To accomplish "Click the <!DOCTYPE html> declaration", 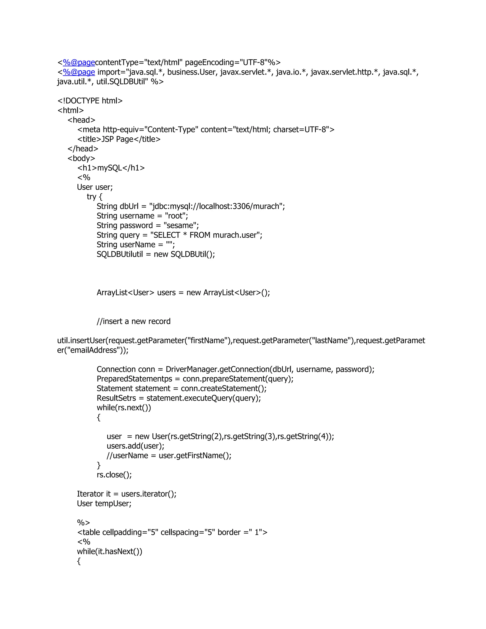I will click(x=90, y=101).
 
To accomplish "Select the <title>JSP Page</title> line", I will click(x=119, y=139).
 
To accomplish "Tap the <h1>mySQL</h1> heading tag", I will click(x=111, y=168).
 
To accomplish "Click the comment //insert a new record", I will click(x=134, y=321).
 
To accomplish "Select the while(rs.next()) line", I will click(x=124, y=408).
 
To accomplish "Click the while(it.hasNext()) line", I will click(x=110, y=551).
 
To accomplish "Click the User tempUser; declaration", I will click(x=104, y=503).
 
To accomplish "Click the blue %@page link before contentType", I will click(x=79, y=62).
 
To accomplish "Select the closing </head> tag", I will click(x=83, y=149).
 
